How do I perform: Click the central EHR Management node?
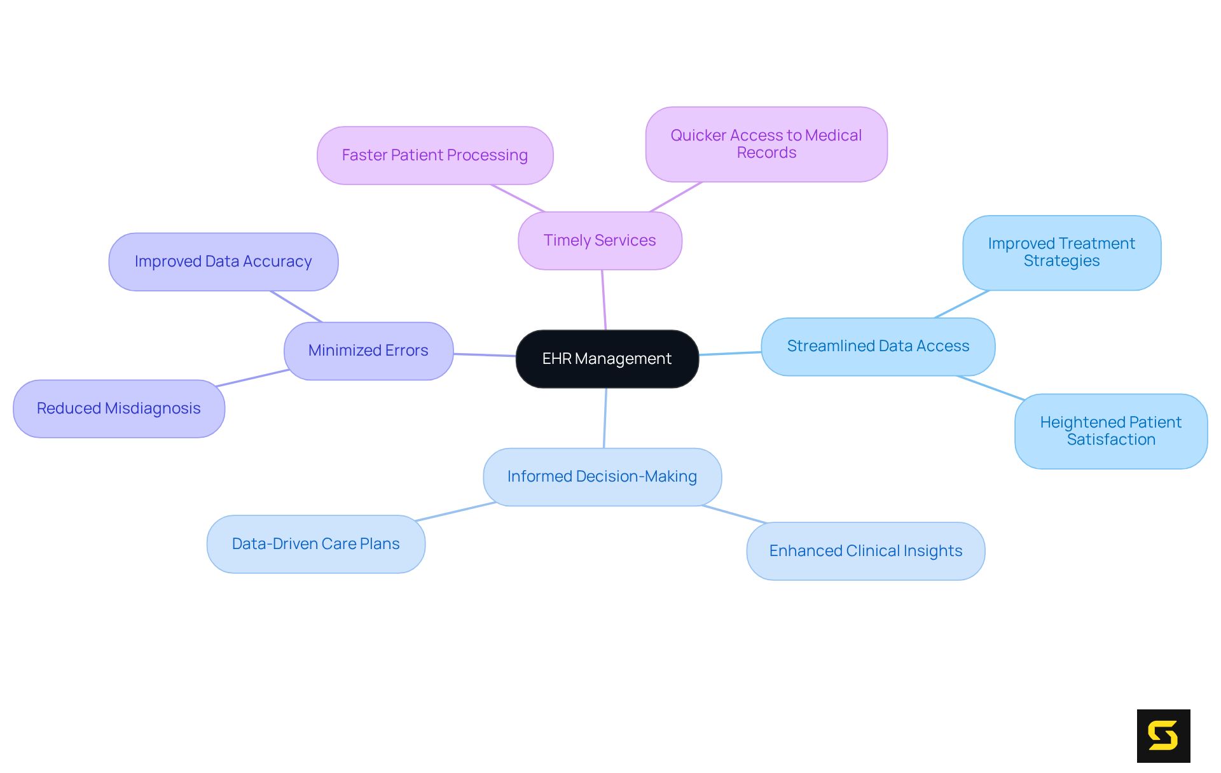click(x=607, y=359)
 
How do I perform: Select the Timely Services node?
click(x=600, y=240)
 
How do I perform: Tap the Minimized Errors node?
click(x=368, y=351)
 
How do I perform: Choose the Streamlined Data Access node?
click(x=878, y=346)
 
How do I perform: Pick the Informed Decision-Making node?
click(x=602, y=477)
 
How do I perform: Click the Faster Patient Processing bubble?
click(x=435, y=155)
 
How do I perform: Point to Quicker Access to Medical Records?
click(x=766, y=144)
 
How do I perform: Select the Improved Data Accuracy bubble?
click(x=223, y=261)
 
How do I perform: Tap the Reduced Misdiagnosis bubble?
click(x=119, y=408)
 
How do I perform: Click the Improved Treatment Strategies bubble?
click(x=1061, y=253)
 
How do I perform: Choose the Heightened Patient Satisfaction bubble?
click(x=1110, y=431)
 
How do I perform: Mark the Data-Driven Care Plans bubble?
click(x=315, y=544)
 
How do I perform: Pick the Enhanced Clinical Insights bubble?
click(x=866, y=551)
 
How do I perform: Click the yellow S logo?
click(x=1163, y=735)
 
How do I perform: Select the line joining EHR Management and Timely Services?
click(x=604, y=300)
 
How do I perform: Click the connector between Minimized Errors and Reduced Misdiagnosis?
click(x=253, y=378)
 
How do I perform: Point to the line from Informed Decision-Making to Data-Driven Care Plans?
click(x=455, y=512)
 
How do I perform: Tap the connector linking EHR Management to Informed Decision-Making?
click(x=605, y=418)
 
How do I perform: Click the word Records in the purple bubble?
click(x=766, y=153)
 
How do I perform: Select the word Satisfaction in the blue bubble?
click(x=1111, y=440)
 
